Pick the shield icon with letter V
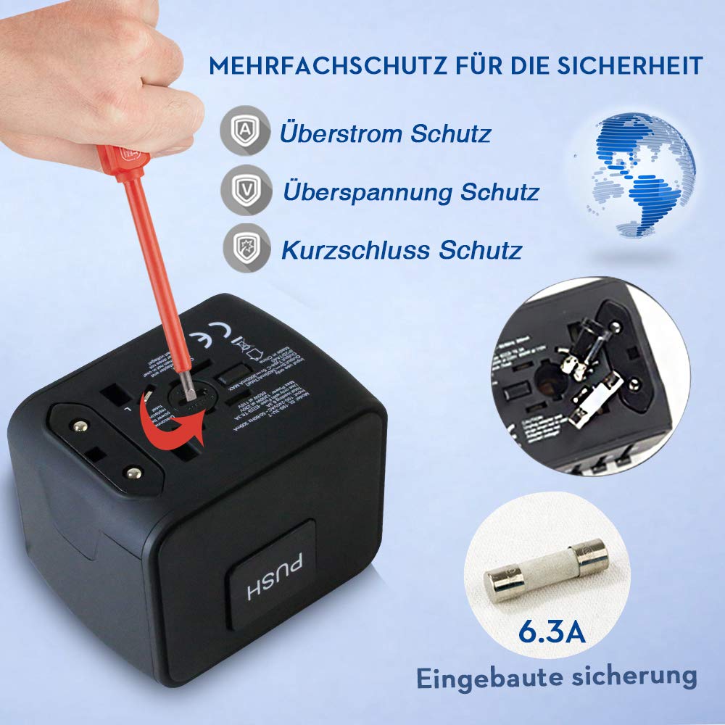(243, 192)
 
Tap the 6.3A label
(552, 631)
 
